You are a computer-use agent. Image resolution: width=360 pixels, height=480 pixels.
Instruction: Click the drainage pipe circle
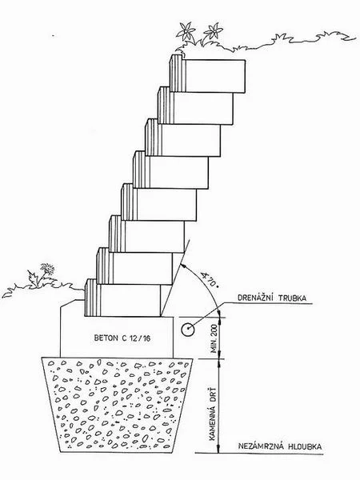pos(186,330)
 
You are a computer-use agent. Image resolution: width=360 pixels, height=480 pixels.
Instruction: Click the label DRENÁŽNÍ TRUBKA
pos(272,298)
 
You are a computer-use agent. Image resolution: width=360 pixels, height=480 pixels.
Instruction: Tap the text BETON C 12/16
pos(122,338)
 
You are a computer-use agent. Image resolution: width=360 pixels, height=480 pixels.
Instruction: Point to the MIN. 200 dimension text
pos(214,338)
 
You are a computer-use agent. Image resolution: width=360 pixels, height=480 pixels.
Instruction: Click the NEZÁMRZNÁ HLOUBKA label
pos(280,446)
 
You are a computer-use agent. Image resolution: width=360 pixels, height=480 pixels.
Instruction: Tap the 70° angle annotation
pos(209,279)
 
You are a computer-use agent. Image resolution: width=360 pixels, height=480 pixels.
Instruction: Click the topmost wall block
pos(207,74)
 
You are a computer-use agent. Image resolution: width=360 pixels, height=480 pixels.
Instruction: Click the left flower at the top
pos(186,31)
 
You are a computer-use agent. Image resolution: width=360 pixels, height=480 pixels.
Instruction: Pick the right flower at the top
pos(213,31)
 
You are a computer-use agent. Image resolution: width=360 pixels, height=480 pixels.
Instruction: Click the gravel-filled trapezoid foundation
pos(118,404)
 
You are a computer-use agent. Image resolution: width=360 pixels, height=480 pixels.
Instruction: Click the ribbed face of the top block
pos(178,74)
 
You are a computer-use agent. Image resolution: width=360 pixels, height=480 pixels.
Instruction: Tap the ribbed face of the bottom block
pos(93,298)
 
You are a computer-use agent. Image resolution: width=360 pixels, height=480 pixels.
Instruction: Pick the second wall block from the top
pos(196,106)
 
